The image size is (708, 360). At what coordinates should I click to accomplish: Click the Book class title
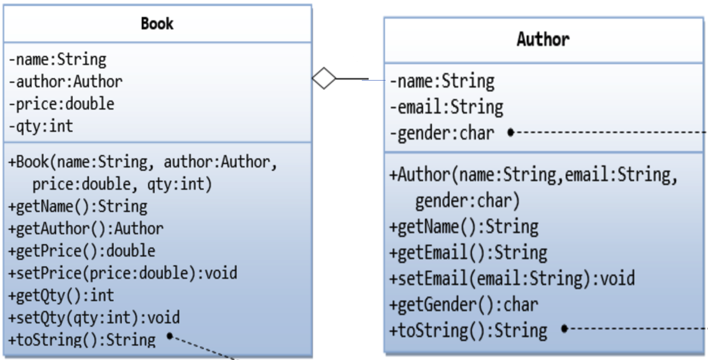coord(157,24)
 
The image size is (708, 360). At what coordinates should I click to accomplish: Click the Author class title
coord(543,40)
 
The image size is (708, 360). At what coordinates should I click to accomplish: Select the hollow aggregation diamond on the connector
coord(324,78)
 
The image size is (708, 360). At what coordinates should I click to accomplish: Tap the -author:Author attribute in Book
coord(65,81)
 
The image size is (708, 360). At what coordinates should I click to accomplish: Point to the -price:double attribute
coord(62,104)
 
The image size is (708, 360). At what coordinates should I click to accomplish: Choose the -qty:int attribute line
coord(41,126)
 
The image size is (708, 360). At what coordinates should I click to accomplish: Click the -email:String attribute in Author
coord(446,107)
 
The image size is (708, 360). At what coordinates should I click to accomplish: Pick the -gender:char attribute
coord(442,133)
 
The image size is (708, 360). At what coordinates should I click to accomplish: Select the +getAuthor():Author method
coord(86,229)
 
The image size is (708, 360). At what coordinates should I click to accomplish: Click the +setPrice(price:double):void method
coord(123,273)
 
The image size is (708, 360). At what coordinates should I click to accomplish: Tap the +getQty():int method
coord(61,295)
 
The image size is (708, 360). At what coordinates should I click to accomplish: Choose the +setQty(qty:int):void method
coord(94,318)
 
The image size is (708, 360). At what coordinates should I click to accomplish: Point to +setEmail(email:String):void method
coord(512,278)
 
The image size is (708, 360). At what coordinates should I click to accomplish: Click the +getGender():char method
coord(463,304)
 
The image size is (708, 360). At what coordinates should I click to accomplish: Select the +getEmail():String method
coord(468,252)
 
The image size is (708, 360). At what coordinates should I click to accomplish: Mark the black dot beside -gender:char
coord(511,132)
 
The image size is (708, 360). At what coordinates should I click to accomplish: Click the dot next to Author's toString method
coord(564,329)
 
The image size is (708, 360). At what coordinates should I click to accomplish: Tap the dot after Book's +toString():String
coord(170,336)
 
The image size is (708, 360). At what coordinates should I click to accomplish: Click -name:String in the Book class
coord(57,59)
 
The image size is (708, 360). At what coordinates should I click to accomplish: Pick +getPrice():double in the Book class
coord(82,251)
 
